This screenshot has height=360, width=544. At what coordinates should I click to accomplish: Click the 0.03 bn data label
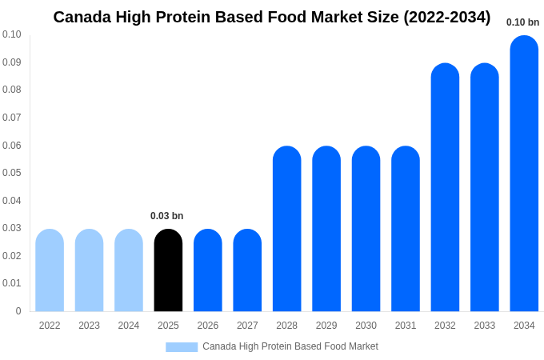[166, 216]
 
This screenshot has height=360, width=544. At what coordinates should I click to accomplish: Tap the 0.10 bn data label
[522, 22]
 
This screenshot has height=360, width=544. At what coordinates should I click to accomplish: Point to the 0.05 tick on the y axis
[12, 173]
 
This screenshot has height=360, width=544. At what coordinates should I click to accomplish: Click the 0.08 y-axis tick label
[12, 90]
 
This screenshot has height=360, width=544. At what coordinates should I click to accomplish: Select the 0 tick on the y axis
[18, 311]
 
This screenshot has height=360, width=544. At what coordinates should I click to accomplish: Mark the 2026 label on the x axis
[208, 326]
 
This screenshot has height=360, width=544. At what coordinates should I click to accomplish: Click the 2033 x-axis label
[484, 326]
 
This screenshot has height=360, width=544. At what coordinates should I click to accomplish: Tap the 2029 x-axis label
[326, 326]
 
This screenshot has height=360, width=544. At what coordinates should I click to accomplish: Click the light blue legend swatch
[182, 347]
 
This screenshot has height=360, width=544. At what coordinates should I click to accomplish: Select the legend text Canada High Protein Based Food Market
[290, 346]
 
